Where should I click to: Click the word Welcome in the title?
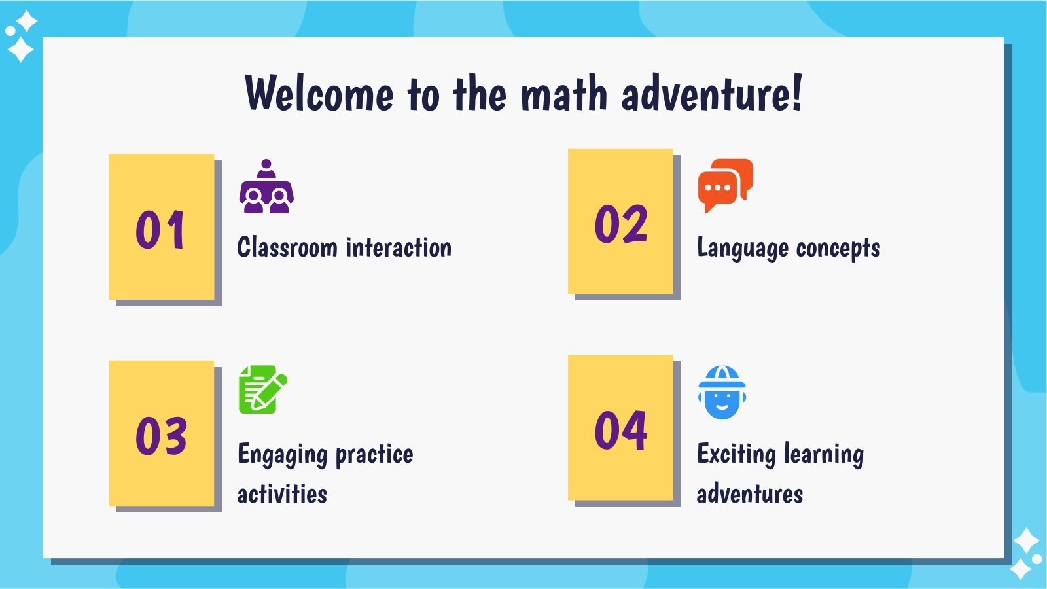point(319,94)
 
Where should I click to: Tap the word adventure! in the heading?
point(711,94)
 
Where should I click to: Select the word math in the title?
point(564,94)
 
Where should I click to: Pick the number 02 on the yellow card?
point(620,224)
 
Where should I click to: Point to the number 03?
point(161,436)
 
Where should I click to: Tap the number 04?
point(620,430)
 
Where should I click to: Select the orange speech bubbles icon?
point(725,185)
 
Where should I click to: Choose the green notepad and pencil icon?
point(262,389)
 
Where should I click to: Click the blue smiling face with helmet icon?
point(722,392)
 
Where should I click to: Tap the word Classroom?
point(287,247)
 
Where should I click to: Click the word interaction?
point(399,247)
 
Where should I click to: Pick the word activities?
point(282,494)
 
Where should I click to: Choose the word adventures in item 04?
point(749,494)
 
